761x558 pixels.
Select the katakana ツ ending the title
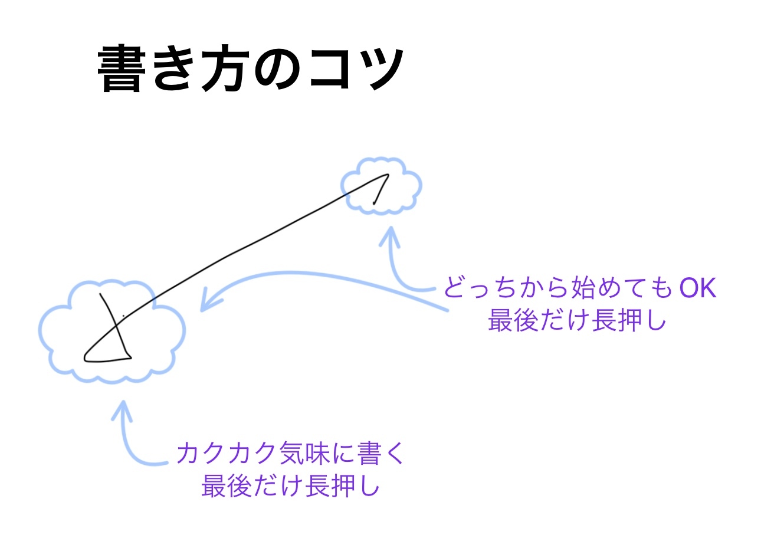378,69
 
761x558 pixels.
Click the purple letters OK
697,288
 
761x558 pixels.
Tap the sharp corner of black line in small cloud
388,175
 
